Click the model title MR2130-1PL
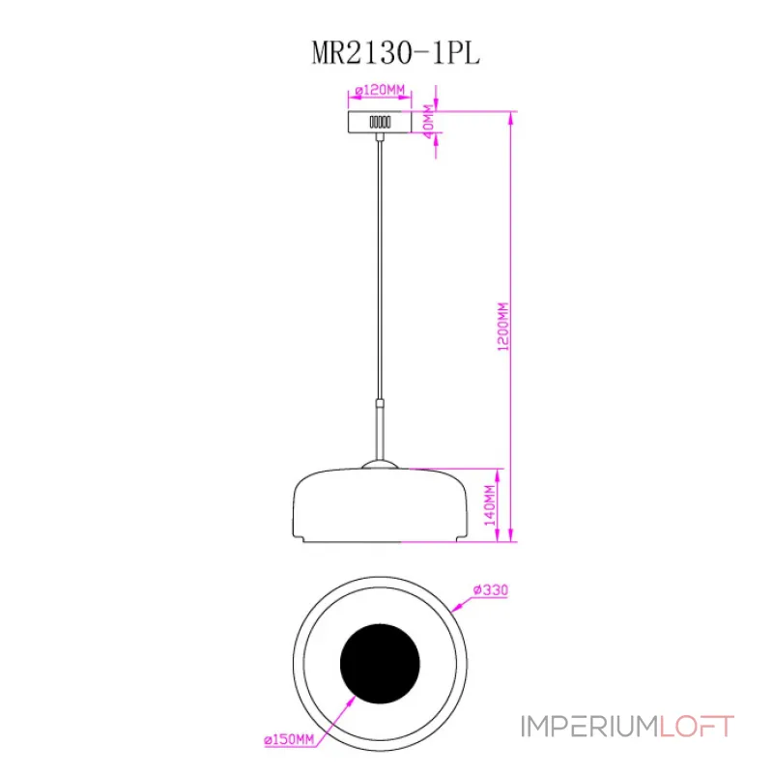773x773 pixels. pos(396,53)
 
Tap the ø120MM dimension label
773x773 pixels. pos(380,90)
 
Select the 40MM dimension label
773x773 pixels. pos(428,118)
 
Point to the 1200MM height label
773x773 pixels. pos(502,327)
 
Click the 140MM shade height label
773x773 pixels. pos(490,505)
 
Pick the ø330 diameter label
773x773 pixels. pos(491,589)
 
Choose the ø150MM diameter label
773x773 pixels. pos(289,739)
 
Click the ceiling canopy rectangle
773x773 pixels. pos(380,122)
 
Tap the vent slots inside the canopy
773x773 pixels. pos(380,122)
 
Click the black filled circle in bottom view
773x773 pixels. pos(380,664)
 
